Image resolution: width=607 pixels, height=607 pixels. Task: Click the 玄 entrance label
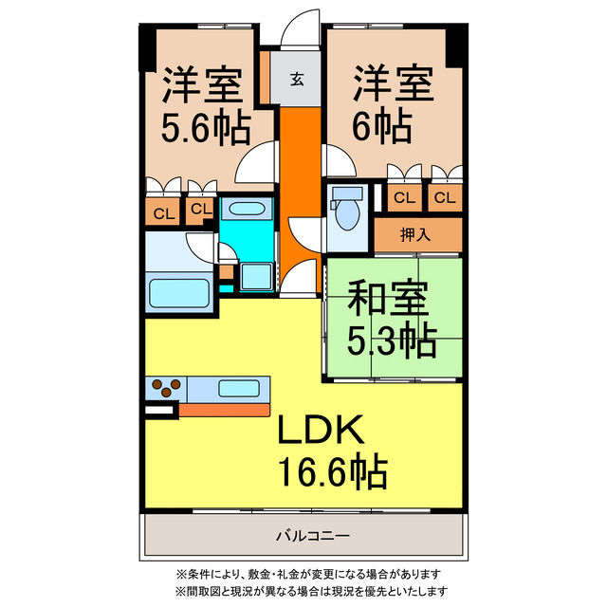[297, 80]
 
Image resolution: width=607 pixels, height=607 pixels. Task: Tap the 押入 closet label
[417, 234]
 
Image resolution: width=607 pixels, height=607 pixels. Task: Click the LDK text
[320, 432]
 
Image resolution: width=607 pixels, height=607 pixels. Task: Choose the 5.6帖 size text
[204, 125]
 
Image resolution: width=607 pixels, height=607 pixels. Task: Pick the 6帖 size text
[382, 125]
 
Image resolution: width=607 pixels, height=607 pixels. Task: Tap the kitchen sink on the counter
[234, 388]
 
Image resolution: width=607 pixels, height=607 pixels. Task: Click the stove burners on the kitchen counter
[166, 388]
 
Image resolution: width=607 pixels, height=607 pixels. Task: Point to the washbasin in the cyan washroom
[248, 210]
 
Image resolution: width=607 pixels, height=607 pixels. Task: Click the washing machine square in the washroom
[255, 276]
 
